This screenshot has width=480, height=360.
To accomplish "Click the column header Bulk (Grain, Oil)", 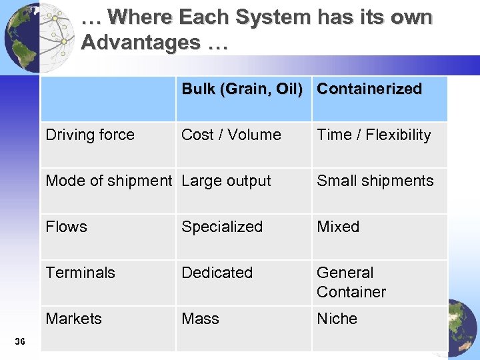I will (x=242, y=89).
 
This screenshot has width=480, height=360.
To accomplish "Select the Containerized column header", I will (x=369, y=89).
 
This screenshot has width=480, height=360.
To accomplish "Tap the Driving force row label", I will (x=90, y=135).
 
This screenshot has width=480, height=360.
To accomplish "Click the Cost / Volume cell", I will (x=231, y=135).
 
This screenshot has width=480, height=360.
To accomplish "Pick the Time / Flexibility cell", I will (x=374, y=135).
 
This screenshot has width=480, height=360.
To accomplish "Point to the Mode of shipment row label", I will (x=109, y=181).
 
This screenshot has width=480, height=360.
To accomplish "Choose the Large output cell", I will (x=227, y=181).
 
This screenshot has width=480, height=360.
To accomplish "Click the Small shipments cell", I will (x=375, y=181).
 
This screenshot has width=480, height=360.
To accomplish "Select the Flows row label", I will (x=67, y=227).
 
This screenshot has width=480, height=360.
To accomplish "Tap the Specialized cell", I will (x=222, y=227).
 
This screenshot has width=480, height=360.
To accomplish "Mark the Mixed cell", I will (x=338, y=227).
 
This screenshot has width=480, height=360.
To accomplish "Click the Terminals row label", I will (x=81, y=273).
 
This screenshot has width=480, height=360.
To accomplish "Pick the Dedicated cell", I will (x=217, y=273).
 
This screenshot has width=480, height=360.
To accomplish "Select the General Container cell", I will (x=351, y=282).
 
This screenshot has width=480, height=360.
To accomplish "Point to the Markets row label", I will (x=74, y=319).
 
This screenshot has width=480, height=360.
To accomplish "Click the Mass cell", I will (x=201, y=319).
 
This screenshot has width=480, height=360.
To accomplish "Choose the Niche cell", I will (x=337, y=319).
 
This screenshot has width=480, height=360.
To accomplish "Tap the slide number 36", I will (x=20, y=342).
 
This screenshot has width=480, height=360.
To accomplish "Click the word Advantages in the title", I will (x=141, y=43).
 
